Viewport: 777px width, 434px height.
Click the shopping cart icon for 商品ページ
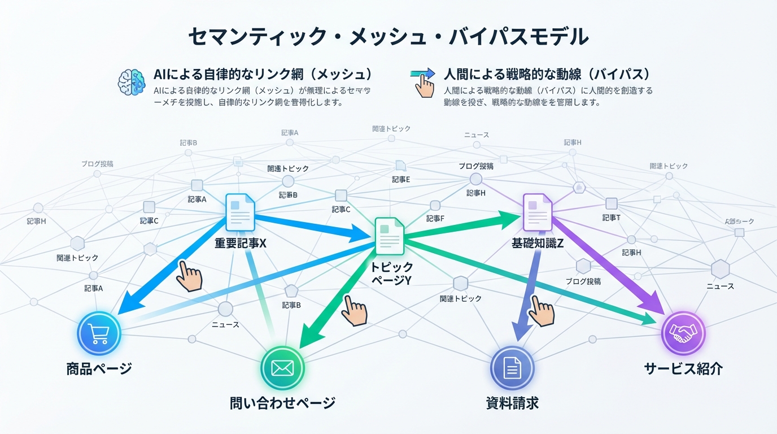[99, 334]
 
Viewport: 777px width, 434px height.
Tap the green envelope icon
[282, 368]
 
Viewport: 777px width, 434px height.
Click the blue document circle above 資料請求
[512, 368]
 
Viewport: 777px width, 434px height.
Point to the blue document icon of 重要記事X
[241, 212]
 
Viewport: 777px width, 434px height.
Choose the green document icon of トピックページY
[390, 237]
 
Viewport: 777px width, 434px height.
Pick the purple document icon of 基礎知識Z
[537, 212]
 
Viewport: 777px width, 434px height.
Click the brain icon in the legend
[132, 81]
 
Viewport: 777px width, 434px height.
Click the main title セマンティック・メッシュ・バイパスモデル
[388, 37]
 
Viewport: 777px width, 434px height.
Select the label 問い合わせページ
[282, 403]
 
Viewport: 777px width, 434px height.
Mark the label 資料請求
[512, 403]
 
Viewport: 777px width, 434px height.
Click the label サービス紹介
[683, 368]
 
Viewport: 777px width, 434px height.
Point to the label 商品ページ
[99, 369]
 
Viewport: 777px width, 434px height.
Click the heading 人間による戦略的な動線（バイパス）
[547, 74]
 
